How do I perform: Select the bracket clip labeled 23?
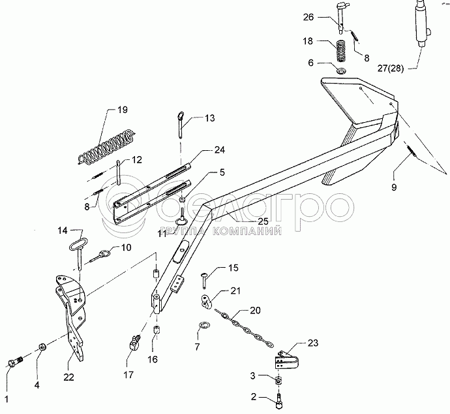coord(285,360)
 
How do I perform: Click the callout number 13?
coord(209,118)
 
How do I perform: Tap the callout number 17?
coord(129,375)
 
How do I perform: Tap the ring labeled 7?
coord(204,326)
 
